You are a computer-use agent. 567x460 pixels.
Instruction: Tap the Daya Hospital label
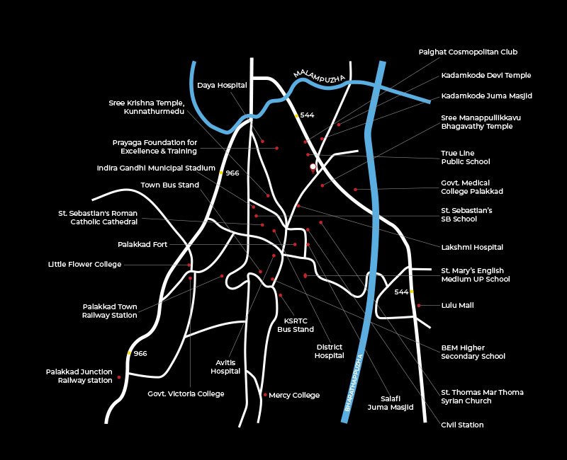coord(222,86)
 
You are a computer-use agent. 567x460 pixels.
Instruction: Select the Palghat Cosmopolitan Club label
coord(468,52)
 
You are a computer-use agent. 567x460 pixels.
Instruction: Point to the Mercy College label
coord(294,396)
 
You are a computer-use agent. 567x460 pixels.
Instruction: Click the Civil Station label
coord(462,425)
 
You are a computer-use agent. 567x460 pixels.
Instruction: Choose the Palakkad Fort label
coord(142,245)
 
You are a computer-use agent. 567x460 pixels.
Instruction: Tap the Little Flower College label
coord(84,265)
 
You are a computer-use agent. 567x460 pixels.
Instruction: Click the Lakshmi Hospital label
coord(472,248)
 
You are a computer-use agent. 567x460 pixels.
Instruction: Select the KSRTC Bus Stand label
coord(296,325)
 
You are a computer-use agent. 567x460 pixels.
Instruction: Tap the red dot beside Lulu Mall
coord(419,306)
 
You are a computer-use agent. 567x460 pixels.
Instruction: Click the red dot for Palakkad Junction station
coord(119,377)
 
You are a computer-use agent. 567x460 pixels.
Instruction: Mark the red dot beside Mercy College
coord(265,395)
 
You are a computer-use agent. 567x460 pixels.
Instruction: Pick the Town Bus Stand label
coord(169,185)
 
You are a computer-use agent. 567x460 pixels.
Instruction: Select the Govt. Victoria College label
coord(186,394)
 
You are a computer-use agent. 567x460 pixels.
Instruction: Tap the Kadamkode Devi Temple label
coord(485,76)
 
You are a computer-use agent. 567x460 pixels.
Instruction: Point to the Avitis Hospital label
coord(225,367)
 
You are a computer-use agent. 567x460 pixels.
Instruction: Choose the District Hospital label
coord(329,351)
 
